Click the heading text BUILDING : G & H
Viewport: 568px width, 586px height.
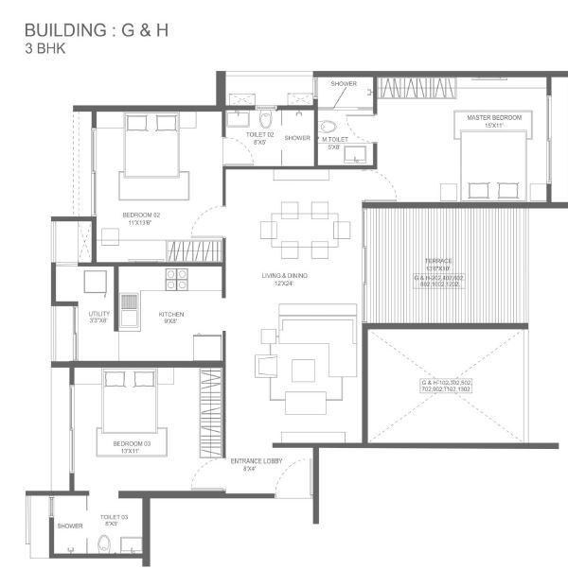97,29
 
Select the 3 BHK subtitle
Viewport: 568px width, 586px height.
45,47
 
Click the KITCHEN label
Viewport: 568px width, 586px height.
171,315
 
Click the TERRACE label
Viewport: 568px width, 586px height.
437,261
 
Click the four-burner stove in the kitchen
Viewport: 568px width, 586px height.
177,280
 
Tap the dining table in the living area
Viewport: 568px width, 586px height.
305,230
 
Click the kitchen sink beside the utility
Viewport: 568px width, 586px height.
130,309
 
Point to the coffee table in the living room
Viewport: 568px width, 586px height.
303,370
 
